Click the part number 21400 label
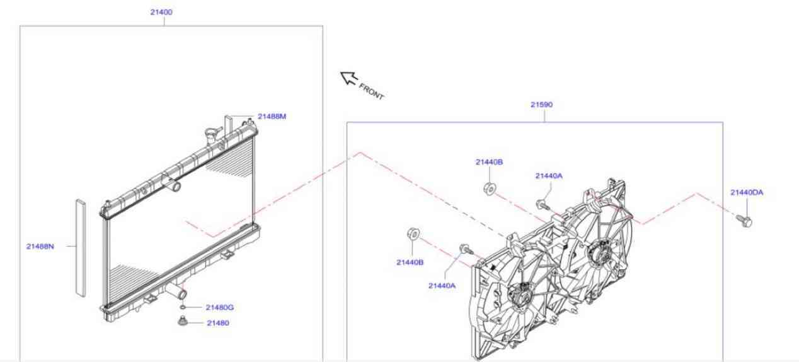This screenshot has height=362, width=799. [x=161, y=12]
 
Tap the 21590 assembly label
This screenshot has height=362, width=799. [x=541, y=105]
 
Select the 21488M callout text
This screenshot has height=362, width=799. [x=272, y=117]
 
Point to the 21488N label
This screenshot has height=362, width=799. [x=40, y=247]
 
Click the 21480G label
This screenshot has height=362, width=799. [x=219, y=308]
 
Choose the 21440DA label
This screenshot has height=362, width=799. [x=746, y=192]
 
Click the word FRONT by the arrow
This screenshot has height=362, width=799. [x=371, y=91]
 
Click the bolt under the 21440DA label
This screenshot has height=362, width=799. [x=744, y=220]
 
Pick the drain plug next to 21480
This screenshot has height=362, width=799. [x=183, y=322]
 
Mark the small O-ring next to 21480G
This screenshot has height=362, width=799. [x=183, y=308]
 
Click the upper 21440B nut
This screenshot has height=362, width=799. [x=488, y=188]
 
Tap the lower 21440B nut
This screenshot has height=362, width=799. [x=411, y=234]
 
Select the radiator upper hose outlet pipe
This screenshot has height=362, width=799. [x=173, y=186]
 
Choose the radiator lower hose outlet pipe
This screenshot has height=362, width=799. [x=178, y=293]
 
